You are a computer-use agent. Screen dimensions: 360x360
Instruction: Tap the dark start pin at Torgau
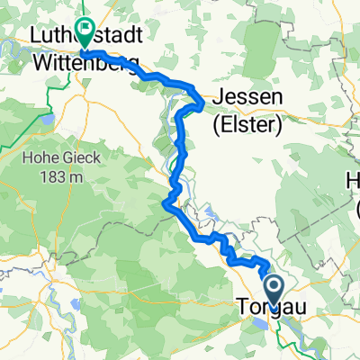273,290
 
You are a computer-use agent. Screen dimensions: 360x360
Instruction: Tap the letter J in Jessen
218,96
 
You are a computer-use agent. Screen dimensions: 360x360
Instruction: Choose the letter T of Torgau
242,308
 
